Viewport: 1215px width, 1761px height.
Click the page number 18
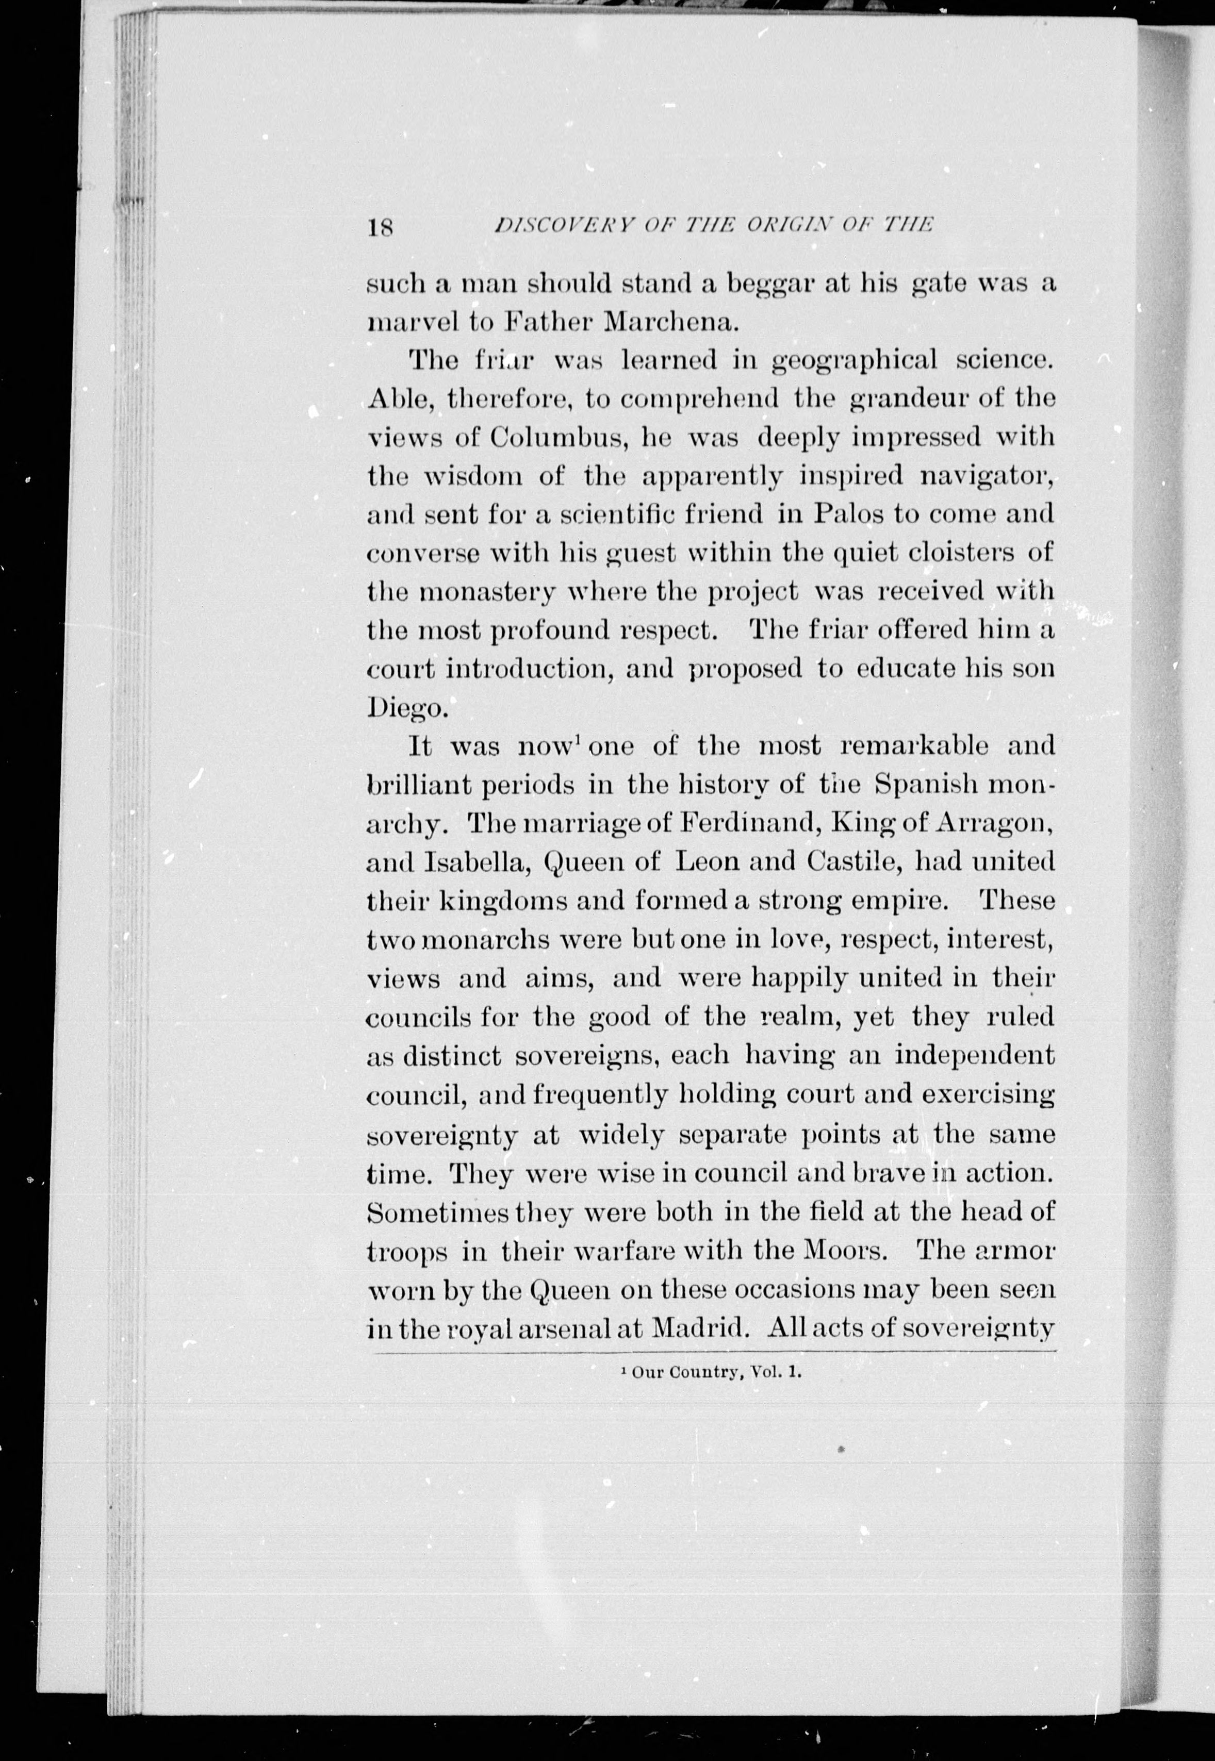pyautogui.click(x=379, y=227)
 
